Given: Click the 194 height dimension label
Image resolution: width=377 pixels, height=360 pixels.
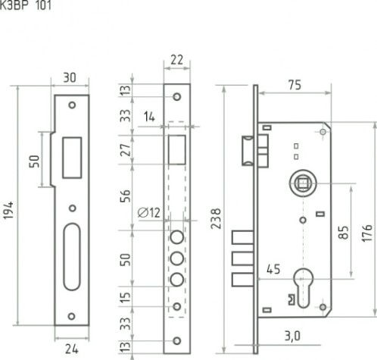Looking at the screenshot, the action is pyautogui.click(x=8, y=210).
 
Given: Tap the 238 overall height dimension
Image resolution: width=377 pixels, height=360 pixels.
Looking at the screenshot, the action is pyautogui.click(x=216, y=219).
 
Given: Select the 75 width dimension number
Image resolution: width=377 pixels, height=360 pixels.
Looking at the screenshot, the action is pyautogui.click(x=294, y=85).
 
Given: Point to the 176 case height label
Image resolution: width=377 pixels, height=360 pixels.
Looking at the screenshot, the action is pyautogui.click(x=367, y=233).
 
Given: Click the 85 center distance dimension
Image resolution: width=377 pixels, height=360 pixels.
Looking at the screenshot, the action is pyautogui.click(x=344, y=232).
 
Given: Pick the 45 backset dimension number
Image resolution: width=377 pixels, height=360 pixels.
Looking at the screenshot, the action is pyautogui.click(x=273, y=269).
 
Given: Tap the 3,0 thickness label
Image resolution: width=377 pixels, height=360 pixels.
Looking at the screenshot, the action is pyautogui.click(x=292, y=337).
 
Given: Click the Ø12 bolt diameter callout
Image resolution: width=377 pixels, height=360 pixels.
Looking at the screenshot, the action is pyautogui.click(x=149, y=213).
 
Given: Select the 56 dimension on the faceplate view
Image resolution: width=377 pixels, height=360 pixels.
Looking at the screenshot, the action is pyautogui.click(x=126, y=196).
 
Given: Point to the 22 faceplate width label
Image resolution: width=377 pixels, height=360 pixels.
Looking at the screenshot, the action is pyautogui.click(x=176, y=60).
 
